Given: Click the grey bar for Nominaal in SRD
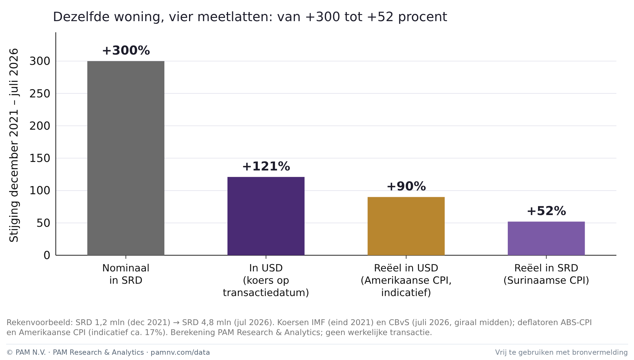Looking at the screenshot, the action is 126,158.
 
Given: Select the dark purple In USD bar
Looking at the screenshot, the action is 266,216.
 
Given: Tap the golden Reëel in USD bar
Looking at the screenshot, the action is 406,226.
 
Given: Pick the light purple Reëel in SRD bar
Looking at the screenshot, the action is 546,238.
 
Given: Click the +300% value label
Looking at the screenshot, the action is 126,50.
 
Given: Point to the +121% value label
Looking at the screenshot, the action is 266,166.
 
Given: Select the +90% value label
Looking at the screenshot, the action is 406,186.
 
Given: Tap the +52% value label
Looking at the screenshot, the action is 546,211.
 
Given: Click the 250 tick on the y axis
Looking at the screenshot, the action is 40,94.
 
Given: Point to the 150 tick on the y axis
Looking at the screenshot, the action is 40,158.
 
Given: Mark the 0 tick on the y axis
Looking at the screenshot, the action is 47,255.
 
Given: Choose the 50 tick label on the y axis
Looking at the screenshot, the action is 43,223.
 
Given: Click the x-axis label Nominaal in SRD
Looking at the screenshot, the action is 126,274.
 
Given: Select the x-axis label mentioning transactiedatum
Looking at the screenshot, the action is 266,280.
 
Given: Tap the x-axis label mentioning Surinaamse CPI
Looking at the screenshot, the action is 546,274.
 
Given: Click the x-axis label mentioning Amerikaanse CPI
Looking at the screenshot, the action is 406,280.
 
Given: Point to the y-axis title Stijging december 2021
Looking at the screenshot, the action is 14,145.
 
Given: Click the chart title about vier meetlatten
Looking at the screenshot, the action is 250,17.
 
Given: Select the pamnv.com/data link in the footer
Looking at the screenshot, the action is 180,352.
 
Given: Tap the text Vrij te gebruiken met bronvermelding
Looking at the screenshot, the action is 561,352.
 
